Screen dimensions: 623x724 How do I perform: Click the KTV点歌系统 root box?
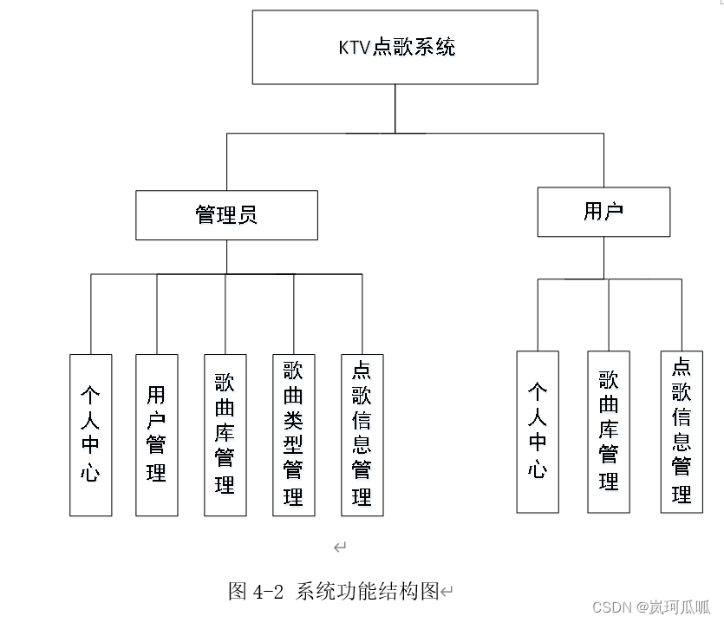pyautogui.click(x=395, y=48)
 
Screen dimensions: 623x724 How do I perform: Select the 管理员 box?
pyautogui.click(x=226, y=215)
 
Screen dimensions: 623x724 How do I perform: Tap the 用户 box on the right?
pyautogui.click(x=603, y=212)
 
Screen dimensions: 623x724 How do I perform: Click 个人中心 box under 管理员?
pyautogui.click(x=91, y=435)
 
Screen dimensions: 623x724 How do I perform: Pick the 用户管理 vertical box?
pyautogui.click(x=157, y=435)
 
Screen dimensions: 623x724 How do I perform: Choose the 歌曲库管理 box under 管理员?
pyautogui.click(x=225, y=435)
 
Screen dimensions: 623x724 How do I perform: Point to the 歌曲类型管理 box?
pyautogui.click(x=293, y=435)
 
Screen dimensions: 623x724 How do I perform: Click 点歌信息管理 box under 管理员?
pyautogui.click(x=362, y=435)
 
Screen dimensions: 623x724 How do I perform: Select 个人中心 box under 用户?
pyautogui.click(x=538, y=431)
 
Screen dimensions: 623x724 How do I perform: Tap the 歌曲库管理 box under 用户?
pyautogui.click(x=609, y=431)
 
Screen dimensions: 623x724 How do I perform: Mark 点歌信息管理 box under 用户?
pyautogui.click(x=682, y=431)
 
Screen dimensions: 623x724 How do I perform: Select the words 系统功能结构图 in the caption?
pyautogui.click(x=367, y=593)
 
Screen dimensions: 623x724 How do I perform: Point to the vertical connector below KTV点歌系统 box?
pyautogui.click(x=395, y=108)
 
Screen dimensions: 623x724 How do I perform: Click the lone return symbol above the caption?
pyautogui.click(x=340, y=547)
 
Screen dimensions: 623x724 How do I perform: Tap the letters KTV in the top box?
pyautogui.click(x=354, y=48)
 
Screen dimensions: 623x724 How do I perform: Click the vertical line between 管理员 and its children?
pyautogui.click(x=227, y=257)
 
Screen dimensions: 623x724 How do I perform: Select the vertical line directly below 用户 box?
pyautogui.click(x=604, y=258)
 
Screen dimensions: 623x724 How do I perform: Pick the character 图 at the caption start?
pyautogui.click(x=238, y=593)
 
